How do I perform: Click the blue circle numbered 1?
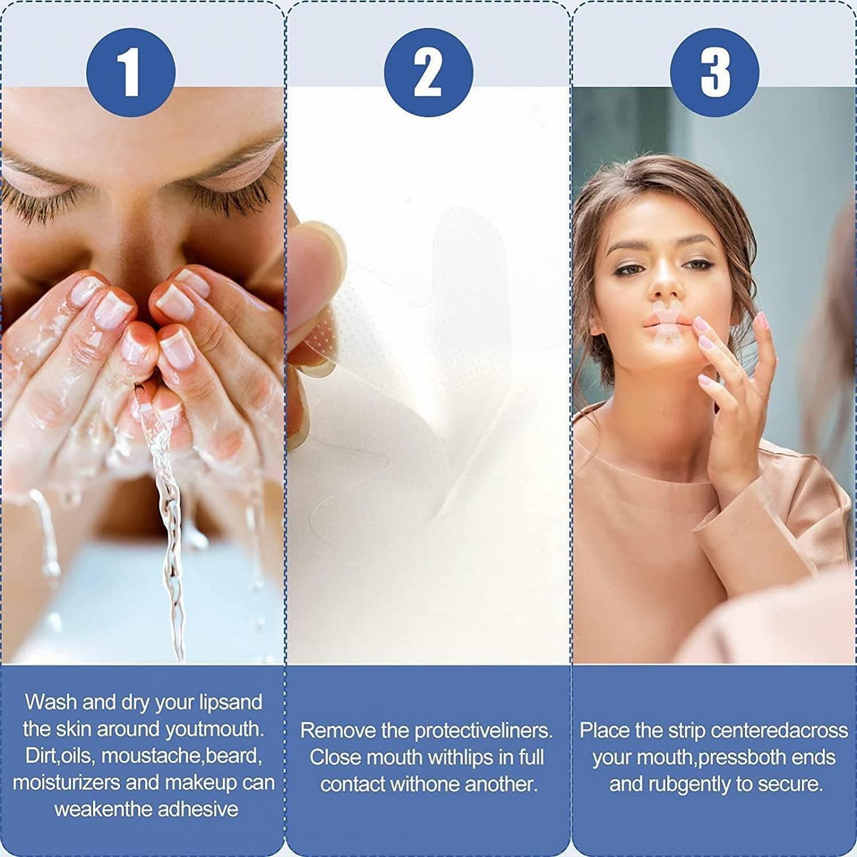(131, 72)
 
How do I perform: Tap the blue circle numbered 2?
(428, 72)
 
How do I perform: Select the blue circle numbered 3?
(715, 72)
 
